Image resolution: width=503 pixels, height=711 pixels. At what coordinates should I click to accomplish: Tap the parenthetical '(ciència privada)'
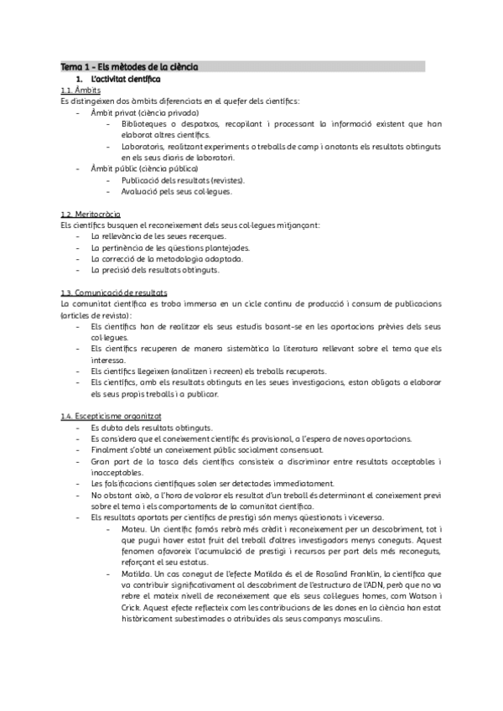click(x=169, y=112)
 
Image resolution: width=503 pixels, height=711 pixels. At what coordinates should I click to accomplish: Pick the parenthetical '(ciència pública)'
click(x=169, y=168)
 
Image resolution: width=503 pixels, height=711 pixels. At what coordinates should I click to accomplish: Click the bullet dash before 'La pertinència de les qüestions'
click(x=78, y=247)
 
